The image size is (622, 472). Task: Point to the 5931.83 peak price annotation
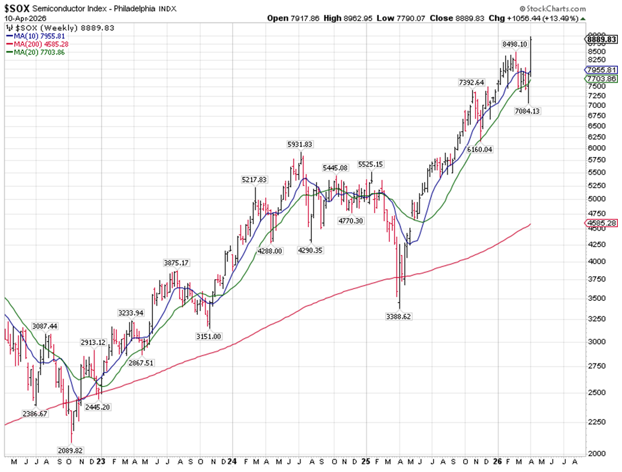click(300, 144)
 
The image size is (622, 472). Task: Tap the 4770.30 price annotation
click(350, 221)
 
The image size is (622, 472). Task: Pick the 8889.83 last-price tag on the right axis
click(601, 40)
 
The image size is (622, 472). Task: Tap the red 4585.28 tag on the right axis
click(601, 224)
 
